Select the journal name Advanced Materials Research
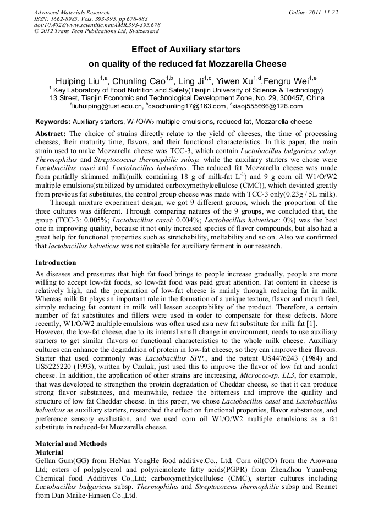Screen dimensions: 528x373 (x=72, y=12)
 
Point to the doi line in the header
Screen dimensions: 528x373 (x=97, y=25)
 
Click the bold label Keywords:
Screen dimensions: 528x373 (x=53, y=122)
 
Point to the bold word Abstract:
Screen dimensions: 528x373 (x=51, y=134)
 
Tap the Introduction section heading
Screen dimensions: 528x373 (x=58, y=263)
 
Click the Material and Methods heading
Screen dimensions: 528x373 (x=71, y=444)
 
